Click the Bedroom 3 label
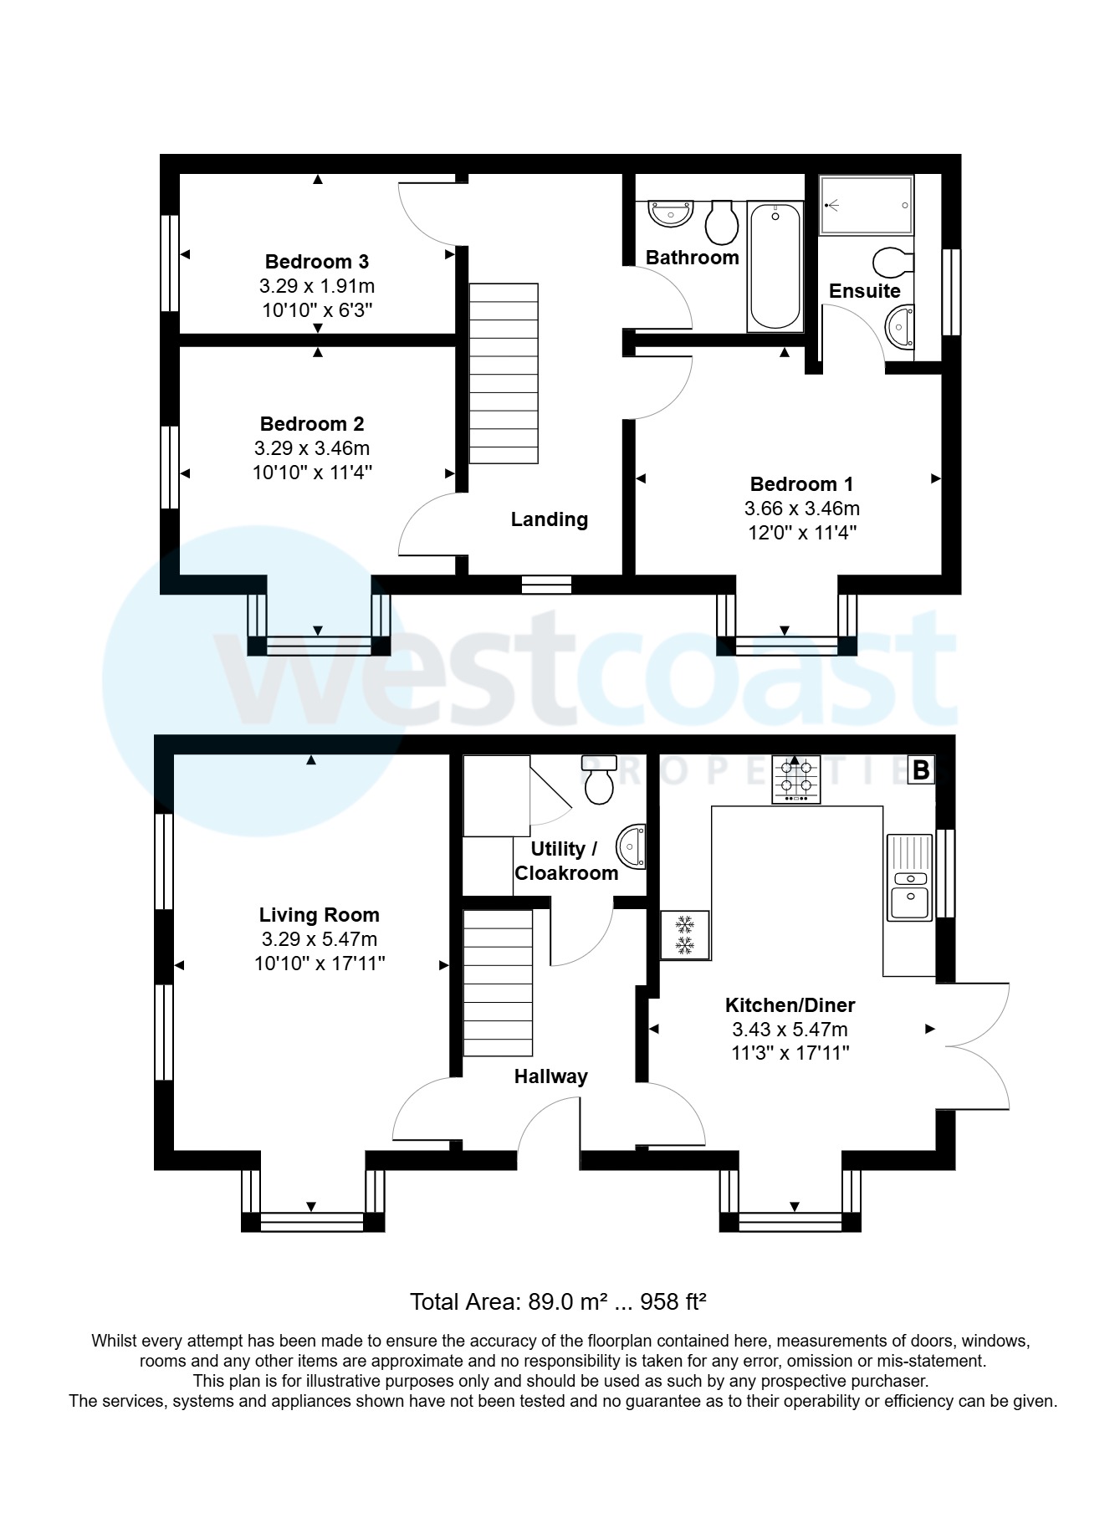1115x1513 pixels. click(x=316, y=262)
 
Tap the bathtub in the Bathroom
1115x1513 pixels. click(x=775, y=266)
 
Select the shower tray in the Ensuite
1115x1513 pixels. click(x=866, y=205)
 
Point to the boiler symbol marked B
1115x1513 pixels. click(x=921, y=769)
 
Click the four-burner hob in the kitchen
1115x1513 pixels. click(x=795, y=780)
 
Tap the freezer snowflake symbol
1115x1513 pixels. click(x=685, y=935)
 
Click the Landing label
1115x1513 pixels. click(x=549, y=519)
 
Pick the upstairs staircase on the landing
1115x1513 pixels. click(x=503, y=373)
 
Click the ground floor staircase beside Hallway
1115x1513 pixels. click(x=498, y=983)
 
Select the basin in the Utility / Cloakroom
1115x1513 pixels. click(x=632, y=846)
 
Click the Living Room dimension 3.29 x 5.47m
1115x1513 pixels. click(x=319, y=939)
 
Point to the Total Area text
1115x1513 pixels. click(x=558, y=1301)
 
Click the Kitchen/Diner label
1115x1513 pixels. click(x=790, y=1005)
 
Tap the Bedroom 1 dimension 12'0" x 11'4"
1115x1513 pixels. click(x=801, y=533)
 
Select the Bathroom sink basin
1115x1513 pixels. click(x=671, y=214)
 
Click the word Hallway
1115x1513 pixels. click(x=550, y=1076)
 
